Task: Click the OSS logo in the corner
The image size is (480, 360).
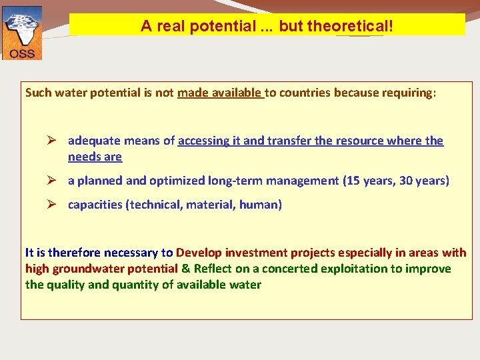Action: [x=22, y=33]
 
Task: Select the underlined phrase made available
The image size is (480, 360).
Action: [x=220, y=93]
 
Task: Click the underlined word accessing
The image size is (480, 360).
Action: [x=203, y=141]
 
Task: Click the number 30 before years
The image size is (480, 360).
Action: [x=406, y=181]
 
